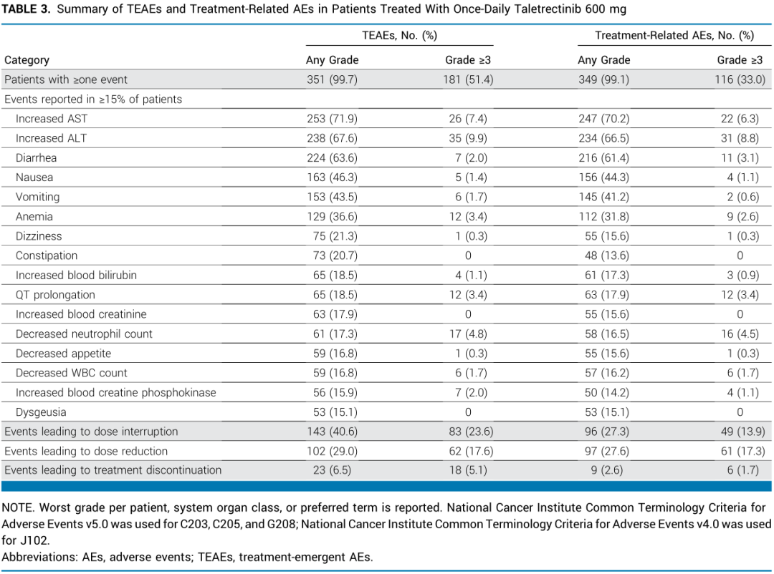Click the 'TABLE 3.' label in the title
[27, 9]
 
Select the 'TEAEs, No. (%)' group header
[399, 36]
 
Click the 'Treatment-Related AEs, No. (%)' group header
[674, 36]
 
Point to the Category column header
[27, 60]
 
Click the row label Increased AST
[52, 119]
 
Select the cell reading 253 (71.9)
[333, 119]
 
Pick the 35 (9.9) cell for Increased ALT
[468, 139]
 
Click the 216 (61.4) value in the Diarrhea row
[604, 158]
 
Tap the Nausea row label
[34, 177]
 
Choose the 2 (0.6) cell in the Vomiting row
[743, 198]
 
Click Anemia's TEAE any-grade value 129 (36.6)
[333, 217]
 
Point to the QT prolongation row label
[55, 295]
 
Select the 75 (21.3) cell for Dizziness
[335, 236]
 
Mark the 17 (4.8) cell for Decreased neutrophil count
[468, 334]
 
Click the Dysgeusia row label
[40, 412]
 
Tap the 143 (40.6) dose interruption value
[333, 432]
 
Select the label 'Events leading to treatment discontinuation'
[113, 470]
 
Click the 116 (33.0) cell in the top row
[740, 80]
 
